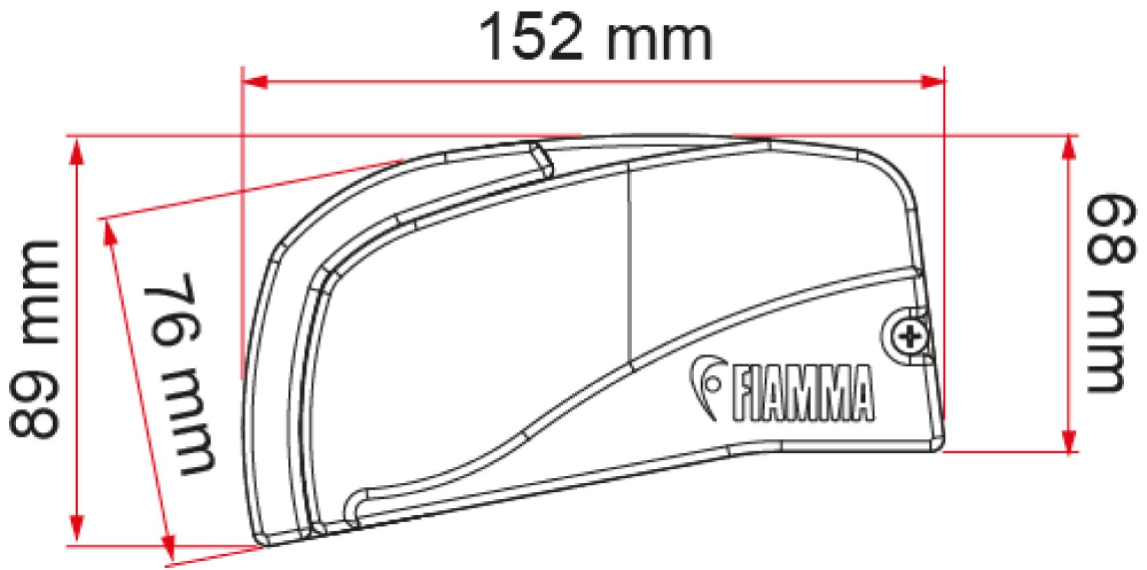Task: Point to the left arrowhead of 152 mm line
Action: coord(254,83)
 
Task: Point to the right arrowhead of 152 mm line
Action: coord(934,83)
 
